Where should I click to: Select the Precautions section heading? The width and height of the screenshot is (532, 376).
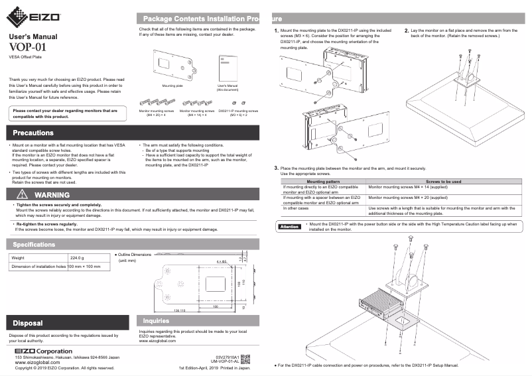click(x=34, y=133)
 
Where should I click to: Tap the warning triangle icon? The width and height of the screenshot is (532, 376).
click(x=22, y=195)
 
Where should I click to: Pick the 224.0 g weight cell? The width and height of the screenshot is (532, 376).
click(x=77, y=257)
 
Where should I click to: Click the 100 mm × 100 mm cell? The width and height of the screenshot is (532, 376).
click(x=84, y=267)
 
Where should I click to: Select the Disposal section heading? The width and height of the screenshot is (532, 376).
click(x=28, y=323)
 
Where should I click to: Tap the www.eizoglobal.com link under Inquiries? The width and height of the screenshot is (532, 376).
click(x=158, y=341)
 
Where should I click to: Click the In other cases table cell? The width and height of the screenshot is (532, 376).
click(x=297, y=208)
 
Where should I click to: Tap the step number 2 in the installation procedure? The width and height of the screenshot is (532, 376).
click(x=407, y=31)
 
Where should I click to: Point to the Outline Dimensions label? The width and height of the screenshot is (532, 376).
click(x=135, y=255)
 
